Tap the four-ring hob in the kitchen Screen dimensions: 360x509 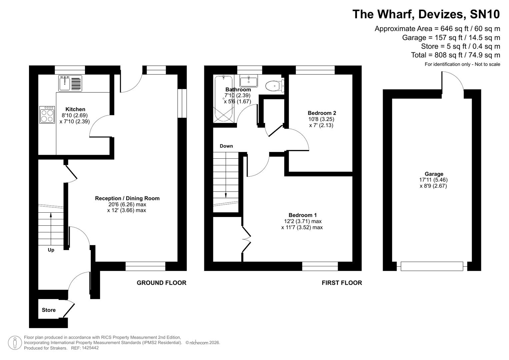pos(47,115)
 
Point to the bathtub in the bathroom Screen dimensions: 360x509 pos(223,99)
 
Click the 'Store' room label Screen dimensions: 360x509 pos(49,310)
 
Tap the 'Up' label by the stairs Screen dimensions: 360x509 pos(51,250)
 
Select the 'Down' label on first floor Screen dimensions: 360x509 pos(226,146)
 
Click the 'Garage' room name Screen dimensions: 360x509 pos(434,174)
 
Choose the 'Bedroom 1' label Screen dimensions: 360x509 pos(303,215)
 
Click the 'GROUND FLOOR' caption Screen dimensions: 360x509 pos(161,283)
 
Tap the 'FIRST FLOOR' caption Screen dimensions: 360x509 pos(342,283)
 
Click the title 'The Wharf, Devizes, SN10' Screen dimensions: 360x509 pos(426,14)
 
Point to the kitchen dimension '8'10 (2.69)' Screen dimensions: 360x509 pos(75,115)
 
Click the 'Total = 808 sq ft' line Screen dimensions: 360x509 pos(455,55)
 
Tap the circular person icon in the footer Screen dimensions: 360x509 pos(15,343)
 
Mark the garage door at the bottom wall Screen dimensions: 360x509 pos(432,266)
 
